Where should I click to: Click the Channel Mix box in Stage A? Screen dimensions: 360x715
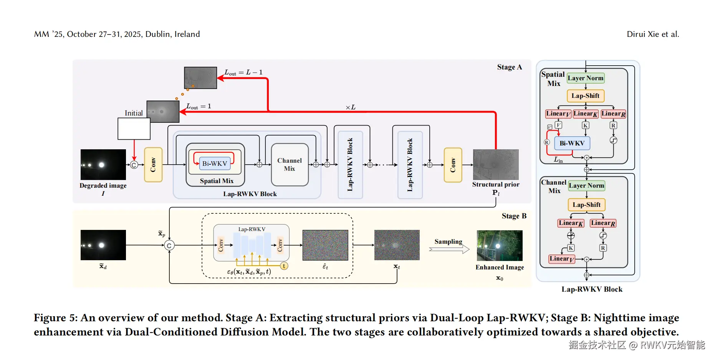click(x=290, y=165)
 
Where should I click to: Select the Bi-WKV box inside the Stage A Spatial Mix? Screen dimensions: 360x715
click(x=215, y=163)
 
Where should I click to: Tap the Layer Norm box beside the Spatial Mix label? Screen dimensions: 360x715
click(x=586, y=78)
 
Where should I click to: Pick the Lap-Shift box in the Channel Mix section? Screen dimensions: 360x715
click(x=586, y=205)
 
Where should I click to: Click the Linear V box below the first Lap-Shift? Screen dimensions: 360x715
click(x=558, y=114)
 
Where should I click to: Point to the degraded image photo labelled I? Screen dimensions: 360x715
click(x=103, y=165)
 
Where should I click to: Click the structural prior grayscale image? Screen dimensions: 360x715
click(x=496, y=165)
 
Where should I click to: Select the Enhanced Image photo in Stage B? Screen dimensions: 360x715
click(x=500, y=246)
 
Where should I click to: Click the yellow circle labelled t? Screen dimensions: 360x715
click(x=284, y=266)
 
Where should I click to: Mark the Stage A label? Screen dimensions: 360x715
click(x=509, y=67)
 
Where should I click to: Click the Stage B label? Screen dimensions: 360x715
click(x=514, y=216)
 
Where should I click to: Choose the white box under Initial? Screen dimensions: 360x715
click(x=134, y=129)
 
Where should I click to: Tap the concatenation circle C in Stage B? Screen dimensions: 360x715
click(x=169, y=246)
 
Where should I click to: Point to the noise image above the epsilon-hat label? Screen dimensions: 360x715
click(x=325, y=245)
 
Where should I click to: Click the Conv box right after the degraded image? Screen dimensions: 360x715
click(x=153, y=165)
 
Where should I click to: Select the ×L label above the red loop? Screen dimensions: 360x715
click(x=351, y=107)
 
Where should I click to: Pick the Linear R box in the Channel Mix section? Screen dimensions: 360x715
click(x=603, y=223)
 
